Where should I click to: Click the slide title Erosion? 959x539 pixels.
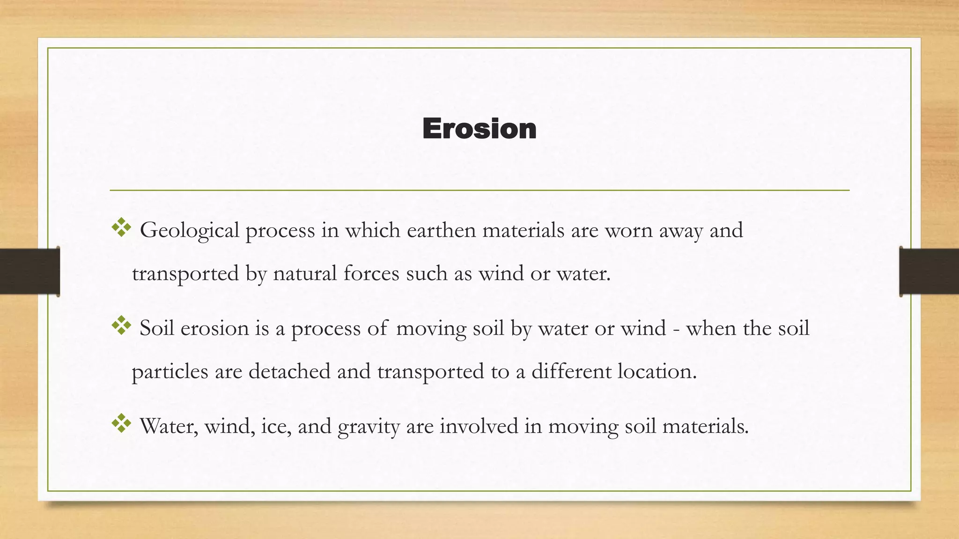pos(479,129)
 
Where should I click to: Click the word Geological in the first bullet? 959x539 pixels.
pos(190,231)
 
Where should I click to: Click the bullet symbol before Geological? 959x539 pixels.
pos(121,227)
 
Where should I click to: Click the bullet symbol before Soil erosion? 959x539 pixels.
pos(121,326)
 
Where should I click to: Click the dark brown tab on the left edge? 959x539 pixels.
pos(30,271)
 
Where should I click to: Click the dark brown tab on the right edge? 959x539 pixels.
pos(929,271)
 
